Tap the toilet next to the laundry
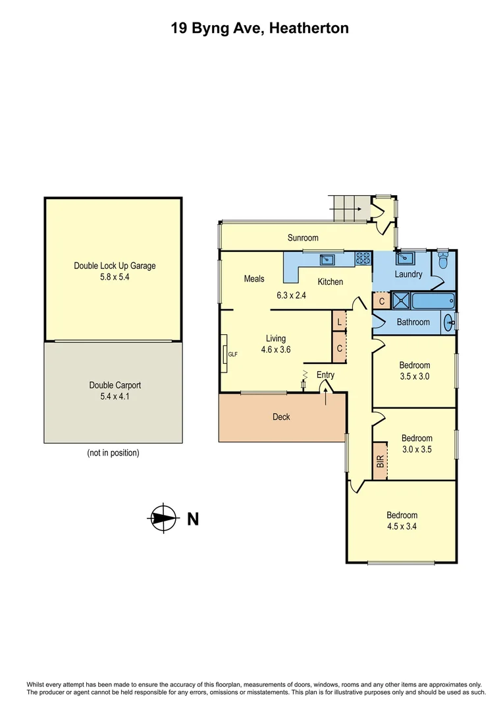click(443, 262)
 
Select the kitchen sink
click(327, 258)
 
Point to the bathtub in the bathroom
click(433, 301)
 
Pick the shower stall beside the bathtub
click(400, 301)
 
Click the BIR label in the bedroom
click(380, 461)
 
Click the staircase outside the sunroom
click(345, 209)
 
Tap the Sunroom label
click(303, 238)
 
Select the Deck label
click(281, 417)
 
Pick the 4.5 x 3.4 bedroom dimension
click(402, 526)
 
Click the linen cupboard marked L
click(339, 322)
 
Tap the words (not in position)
click(113, 453)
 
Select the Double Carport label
click(115, 386)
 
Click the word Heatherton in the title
click(307, 28)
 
